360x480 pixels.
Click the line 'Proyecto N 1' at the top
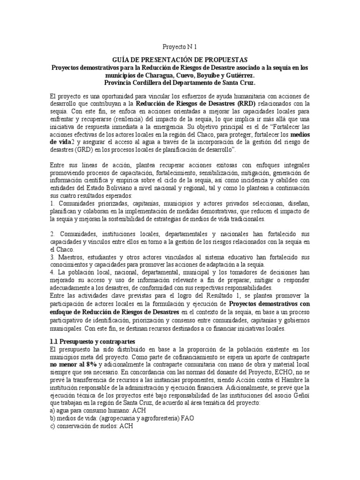click(x=180, y=48)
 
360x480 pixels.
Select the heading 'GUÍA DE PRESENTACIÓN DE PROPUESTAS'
click(x=180, y=60)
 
